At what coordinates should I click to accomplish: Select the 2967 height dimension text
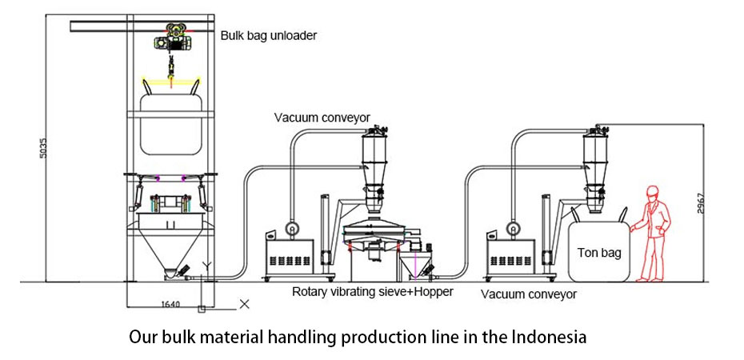coord(701,203)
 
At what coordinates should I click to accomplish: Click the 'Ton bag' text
coord(598,253)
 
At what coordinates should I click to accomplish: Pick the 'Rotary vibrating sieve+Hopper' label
coord(372,292)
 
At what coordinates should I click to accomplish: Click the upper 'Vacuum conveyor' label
coord(322,118)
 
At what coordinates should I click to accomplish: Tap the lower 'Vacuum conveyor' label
coord(529,294)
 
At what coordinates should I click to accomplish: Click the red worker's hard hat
coord(652,191)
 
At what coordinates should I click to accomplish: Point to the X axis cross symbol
coord(245,304)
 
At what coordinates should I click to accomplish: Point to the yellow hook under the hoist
coord(170,78)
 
